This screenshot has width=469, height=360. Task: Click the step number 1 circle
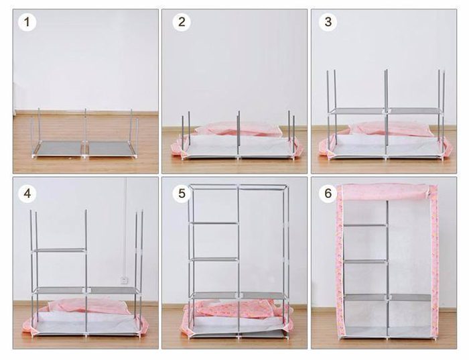coord(27,22)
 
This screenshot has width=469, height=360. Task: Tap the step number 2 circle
coord(182,22)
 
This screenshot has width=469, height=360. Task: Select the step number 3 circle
coord(328,22)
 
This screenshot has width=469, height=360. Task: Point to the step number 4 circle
coord(27,193)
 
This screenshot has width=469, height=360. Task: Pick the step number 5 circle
coord(182,194)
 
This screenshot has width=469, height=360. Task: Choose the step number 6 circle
coord(328,194)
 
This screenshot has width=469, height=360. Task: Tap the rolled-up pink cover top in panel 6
coord(385,192)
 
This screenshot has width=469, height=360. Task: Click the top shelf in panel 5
coord(214,223)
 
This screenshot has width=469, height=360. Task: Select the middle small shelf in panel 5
coord(214,259)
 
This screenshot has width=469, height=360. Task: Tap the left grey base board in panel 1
coord(58,148)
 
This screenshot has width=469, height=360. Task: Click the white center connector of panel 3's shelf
coord(385,112)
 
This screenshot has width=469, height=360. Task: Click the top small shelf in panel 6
coord(366,225)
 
